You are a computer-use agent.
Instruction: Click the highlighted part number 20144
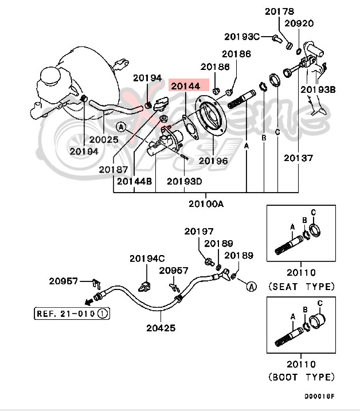tap(185, 87)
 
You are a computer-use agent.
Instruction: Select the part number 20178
tap(279, 11)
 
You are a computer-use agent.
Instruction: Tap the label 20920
tap(299, 24)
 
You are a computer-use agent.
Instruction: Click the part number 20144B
tap(134, 181)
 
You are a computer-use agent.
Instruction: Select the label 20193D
tap(185, 181)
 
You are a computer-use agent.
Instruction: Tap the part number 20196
tap(213, 161)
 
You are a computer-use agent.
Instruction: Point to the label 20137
tap(299, 158)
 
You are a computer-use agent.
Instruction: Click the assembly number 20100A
tap(206, 204)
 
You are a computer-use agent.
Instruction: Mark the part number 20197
tap(198, 232)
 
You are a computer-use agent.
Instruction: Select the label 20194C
tap(147, 259)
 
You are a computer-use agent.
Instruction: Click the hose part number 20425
tap(161, 328)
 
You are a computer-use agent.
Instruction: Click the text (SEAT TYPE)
tap(301, 286)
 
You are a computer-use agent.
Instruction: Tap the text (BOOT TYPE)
tap(301, 377)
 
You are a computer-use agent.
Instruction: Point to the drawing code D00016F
tap(319, 396)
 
